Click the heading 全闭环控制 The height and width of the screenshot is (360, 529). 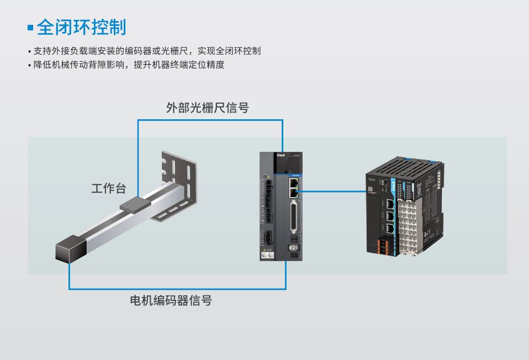pos(82,27)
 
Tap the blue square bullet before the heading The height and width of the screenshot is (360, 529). pos(31,27)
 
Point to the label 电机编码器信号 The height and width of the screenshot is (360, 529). pos(171,301)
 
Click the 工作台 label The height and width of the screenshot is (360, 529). pos(108,188)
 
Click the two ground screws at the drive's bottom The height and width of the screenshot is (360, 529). pos(267,255)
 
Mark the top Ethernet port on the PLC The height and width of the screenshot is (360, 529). pos(390,203)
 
